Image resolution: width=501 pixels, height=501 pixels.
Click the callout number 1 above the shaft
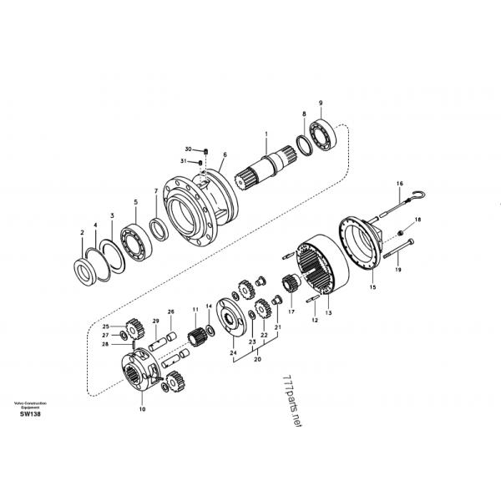266,134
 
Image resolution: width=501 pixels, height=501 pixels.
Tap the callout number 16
399,184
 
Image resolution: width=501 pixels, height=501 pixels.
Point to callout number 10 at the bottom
141,409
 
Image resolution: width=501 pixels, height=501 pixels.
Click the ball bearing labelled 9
323,134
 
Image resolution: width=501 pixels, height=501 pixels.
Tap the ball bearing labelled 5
134,241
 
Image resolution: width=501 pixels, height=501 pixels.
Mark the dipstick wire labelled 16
401,200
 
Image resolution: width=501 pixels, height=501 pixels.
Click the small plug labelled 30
205,150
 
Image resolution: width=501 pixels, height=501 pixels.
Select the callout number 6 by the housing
225,154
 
